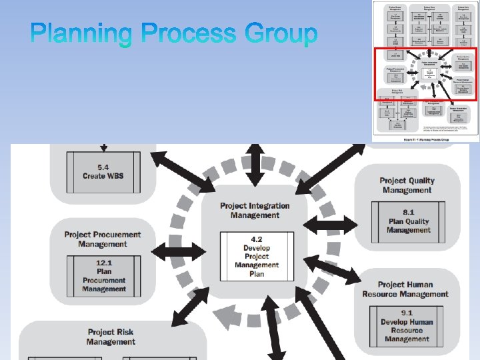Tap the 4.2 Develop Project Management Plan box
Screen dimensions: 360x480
click(x=257, y=256)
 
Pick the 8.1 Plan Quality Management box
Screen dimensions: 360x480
click(x=408, y=221)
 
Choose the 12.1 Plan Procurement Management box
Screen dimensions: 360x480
click(x=103, y=276)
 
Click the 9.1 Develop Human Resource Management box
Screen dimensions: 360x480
click(x=407, y=325)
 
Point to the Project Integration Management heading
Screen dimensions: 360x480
click(x=255, y=211)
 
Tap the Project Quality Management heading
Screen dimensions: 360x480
click(x=407, y=185)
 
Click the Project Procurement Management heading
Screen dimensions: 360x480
click(x=103, y=239)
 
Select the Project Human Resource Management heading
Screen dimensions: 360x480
click(x=405, y=289)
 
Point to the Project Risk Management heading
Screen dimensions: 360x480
click(x=111, y=337)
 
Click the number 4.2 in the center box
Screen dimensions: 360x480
click(x=257, y=239)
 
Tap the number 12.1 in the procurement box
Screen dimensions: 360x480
click(x=104, y=263)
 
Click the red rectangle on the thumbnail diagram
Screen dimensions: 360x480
click(x=425, y=75)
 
